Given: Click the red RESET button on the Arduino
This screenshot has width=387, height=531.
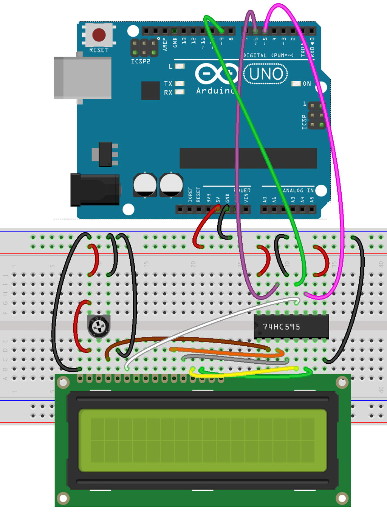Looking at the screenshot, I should pos(99,35).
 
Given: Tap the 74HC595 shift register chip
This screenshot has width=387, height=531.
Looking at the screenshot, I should pos(291,326).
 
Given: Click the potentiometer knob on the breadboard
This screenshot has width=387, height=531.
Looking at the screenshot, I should pos(99,326).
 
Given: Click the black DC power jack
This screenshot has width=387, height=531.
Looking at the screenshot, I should pos(95,190).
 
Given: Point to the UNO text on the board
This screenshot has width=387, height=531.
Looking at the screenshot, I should pos(266,74).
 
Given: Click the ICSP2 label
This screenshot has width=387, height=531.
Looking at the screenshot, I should pos(141,61).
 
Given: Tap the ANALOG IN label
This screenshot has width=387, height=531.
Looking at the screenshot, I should pos(298,190).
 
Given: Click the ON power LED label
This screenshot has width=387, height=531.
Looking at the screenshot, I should pos(307,84).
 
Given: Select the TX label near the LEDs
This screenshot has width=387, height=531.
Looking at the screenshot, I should pos(168,83).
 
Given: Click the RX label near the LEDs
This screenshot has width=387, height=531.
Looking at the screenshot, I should pos(168,93).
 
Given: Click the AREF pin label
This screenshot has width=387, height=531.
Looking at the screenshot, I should pos(165,44).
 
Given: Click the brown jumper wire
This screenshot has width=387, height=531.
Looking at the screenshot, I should pos(189,339).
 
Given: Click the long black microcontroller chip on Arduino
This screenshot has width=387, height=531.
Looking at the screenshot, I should pos(248,158).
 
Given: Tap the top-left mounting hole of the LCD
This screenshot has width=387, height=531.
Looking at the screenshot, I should pos(63,383).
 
